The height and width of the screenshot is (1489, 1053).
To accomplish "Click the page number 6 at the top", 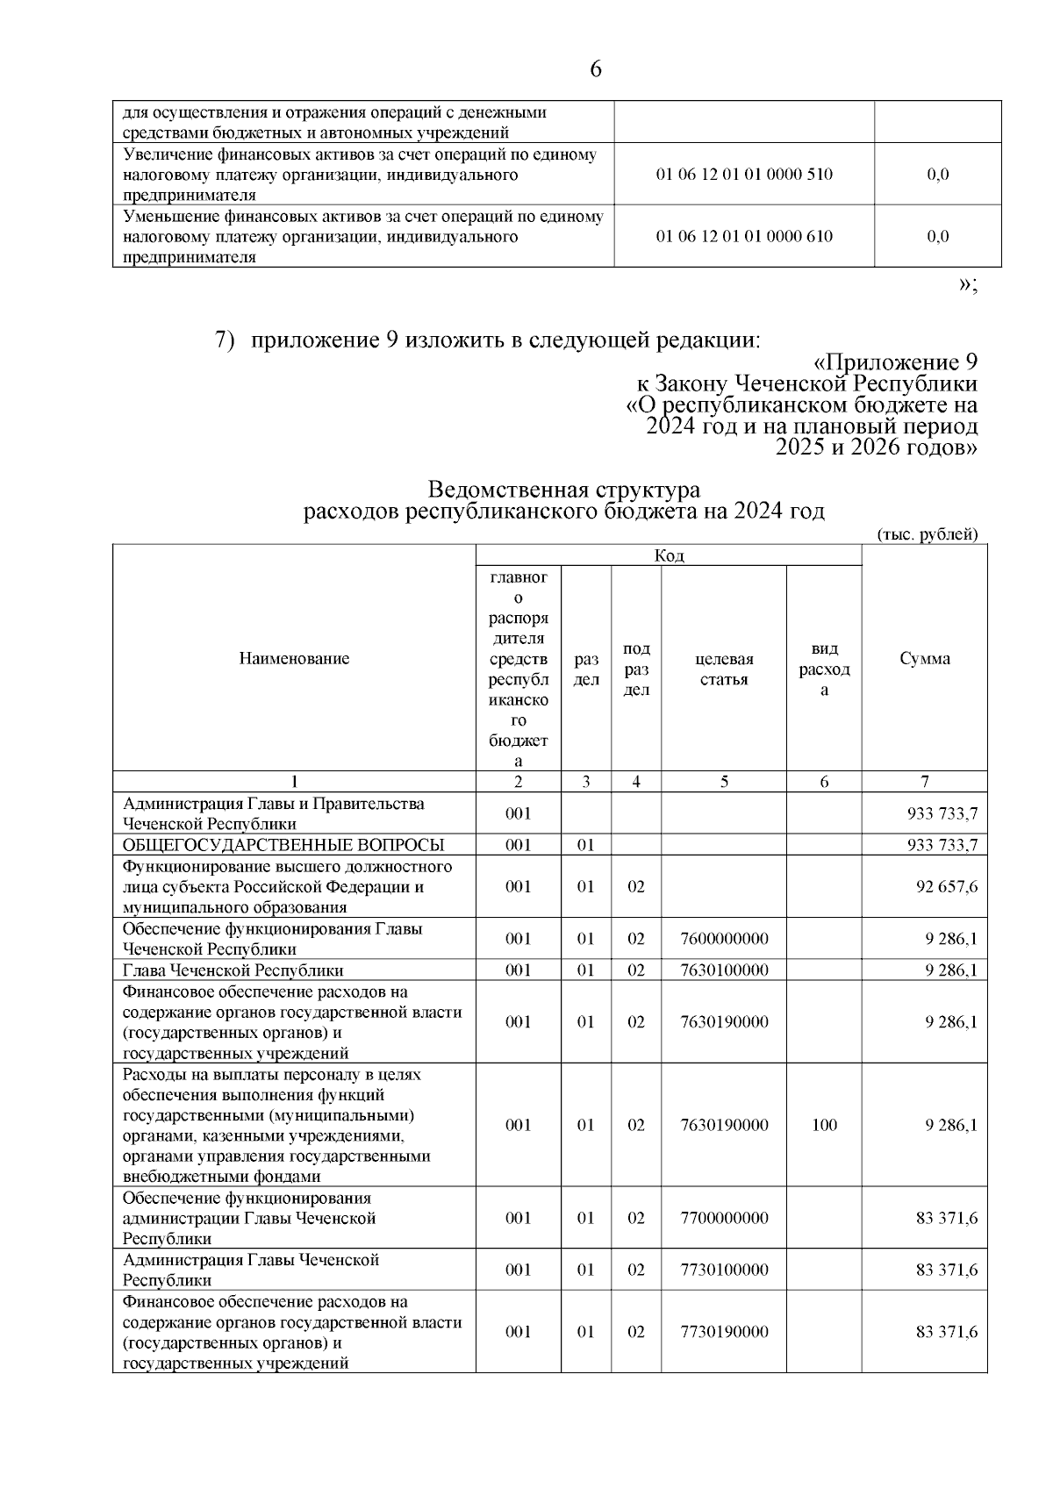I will pyautogui.click(x=596, y=69).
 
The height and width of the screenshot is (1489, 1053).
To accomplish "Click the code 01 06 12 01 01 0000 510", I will pyautogui.click(x=744, y=175).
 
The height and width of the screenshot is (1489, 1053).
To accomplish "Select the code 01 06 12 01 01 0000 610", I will pyautogui.click(x=744, y=236).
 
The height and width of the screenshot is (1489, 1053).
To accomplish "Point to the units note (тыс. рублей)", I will pyautogui.click(x=927, y=534).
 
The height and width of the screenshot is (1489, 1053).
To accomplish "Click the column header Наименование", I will pyautogui.click(x=294, y=659).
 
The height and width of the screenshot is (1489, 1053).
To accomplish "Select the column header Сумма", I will pyautogui.click(x=924, y=659).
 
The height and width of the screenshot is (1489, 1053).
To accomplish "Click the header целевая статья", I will pyautogui.click(x=724, y=669).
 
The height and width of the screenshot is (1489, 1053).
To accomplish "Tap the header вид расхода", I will pyautogui.click(x=824, y=669).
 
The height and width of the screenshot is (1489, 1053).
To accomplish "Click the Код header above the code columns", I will pyautogui.click(x=669, y=555).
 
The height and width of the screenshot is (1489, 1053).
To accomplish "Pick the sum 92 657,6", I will pyautogui.click(x=947, y=887).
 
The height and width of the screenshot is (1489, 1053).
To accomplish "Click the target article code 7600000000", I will pyautogui.click(x=724, y=939).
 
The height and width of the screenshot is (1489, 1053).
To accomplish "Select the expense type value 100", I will pyautogui.click(x=824, y=1126).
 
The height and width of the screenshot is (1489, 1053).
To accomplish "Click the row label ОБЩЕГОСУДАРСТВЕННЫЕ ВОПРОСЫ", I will pyautogui.click(x=283, y=845).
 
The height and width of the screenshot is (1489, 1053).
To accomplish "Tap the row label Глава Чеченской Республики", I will pyautogui.click(x=233, y=970).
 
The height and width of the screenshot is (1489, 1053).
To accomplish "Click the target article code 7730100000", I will pyautogui.click(x=724, y=1271).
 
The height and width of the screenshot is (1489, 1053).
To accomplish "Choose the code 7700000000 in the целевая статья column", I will pyautogui.click(x=724, y=1219).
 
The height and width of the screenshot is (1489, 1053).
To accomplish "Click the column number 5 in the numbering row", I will pyautogui.click(x=724, y=782).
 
